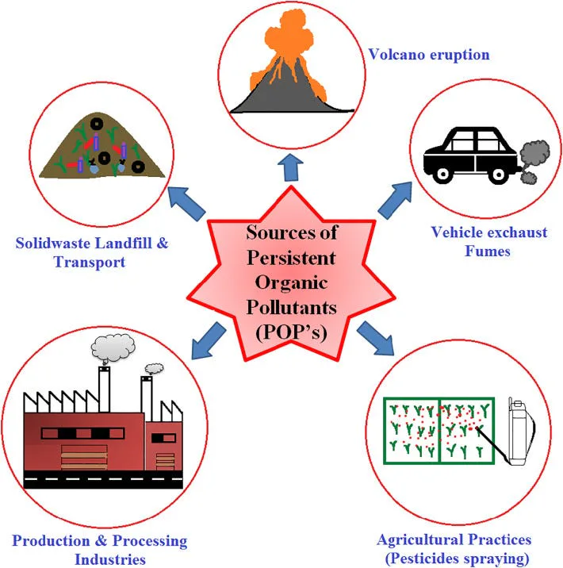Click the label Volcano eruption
(428, 56)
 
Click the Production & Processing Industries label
(100, 550)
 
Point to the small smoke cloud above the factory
(155, 368)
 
